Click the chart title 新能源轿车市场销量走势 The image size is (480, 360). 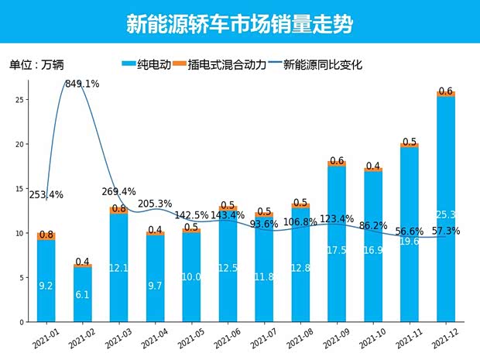click(239, 24)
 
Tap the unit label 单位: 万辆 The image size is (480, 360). click(37, 65)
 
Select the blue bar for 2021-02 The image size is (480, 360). click(83, 294)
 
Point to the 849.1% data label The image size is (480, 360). click(82, 84)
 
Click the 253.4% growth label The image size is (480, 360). click(46, 195)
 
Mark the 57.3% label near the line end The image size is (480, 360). click(447, 231)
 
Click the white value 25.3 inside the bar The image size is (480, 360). click(446, 214)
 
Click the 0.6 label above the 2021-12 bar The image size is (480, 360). click(446, 91)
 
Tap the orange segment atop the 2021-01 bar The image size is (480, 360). click(46, 236)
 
